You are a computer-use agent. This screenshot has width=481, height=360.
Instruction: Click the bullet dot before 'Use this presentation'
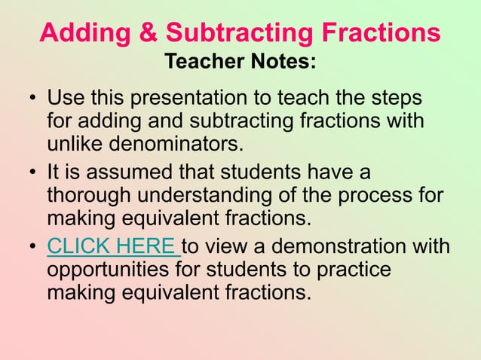click(x=33, y=100)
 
